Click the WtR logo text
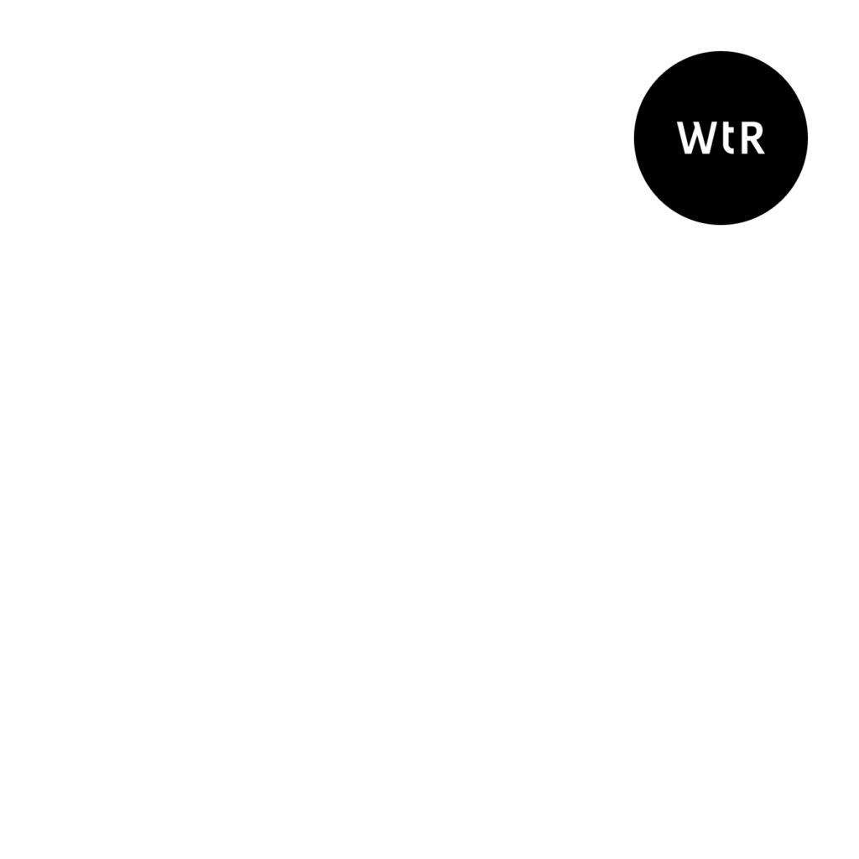click(x=721, y=138)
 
